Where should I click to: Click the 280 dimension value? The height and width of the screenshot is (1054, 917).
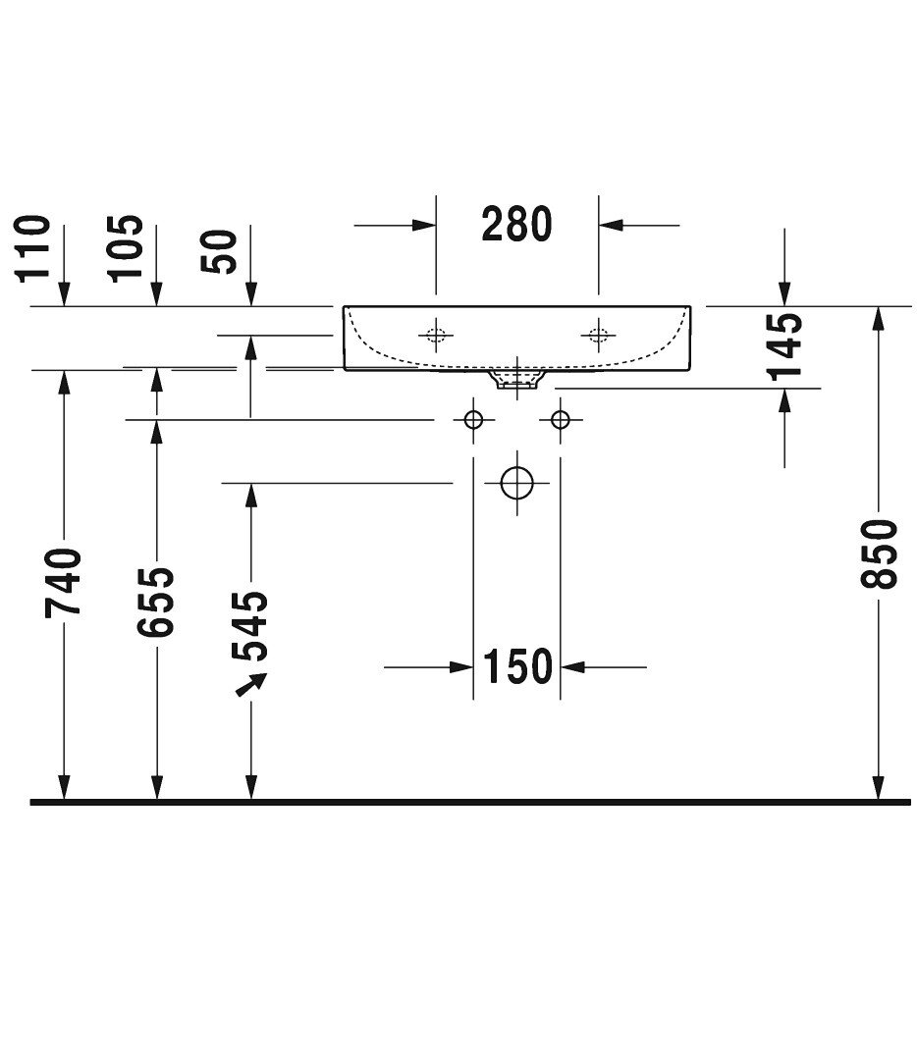(516, 225)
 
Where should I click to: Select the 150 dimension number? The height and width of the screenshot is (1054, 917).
(517, 667)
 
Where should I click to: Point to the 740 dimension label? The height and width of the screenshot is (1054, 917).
(64, 583)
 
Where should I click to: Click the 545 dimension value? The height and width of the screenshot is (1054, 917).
(250, 626)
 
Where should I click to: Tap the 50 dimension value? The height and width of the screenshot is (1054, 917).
(220, 252)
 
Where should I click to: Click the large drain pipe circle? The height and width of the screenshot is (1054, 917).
(516, 482)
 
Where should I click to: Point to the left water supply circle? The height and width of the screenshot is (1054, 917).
(474, 420)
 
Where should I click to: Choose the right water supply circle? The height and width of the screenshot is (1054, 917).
(561, 420)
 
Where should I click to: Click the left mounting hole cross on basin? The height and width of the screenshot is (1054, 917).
(436, 335)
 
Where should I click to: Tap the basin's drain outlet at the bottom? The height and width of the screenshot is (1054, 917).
(517, 379)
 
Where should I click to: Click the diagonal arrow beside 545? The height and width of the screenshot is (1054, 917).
(251, 684)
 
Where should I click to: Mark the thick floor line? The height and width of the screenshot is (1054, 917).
(471, 802)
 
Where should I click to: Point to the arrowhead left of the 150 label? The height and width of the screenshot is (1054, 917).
(462, 667)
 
